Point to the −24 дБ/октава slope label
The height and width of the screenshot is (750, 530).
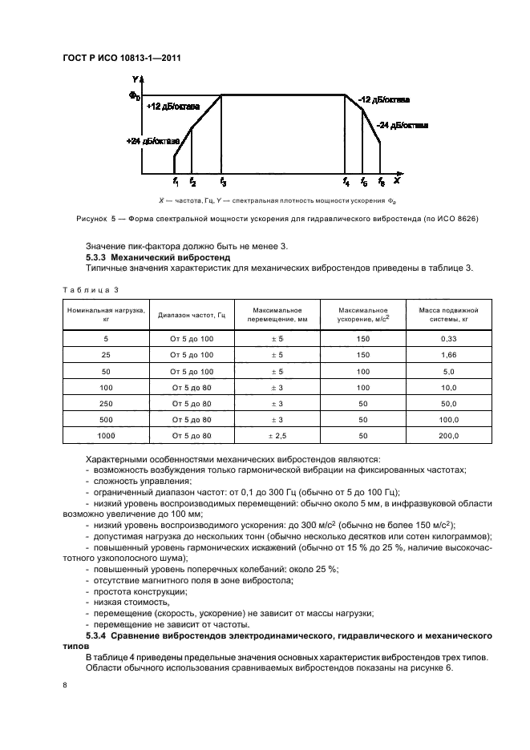(x=402, y=126)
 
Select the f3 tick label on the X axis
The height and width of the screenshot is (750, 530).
(x=223, y=182)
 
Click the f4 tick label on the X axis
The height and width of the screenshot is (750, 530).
(x=346, y=182)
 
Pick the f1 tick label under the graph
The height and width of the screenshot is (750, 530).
(x=176, y=182)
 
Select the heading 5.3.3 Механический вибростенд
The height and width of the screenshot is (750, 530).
(x=157, y=257)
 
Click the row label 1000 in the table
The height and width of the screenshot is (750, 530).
(x=106, y=435)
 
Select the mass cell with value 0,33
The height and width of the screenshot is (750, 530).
(x=448, y=338)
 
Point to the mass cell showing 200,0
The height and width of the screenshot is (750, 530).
(x=448, y=435)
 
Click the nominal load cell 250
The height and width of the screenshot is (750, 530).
(x=106, y=403)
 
